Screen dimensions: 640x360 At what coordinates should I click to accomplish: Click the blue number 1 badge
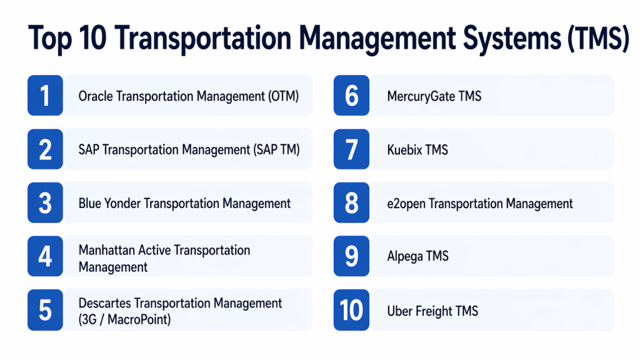pyautogui.click(x=45, y=96)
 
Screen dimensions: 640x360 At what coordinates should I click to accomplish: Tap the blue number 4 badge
pyautogui.click(x=45, y=256)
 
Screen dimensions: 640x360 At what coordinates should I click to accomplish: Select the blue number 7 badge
pyautogui.click(x=351, y=149)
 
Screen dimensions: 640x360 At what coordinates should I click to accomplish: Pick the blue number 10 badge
pyautogui.click(x=351, y=310)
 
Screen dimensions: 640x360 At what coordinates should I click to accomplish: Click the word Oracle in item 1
pyautogui.click(x=96, y=96)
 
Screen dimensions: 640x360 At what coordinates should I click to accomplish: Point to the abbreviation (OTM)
pyautogui.click(x=283, y=97)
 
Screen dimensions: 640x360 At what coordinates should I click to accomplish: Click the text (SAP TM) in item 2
pyautogui.click(x=276, y=150)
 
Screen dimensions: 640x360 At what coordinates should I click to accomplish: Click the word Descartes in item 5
pyautogui.click(x=104, y=303)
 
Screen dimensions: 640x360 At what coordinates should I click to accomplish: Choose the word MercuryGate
pyautogui.click(x=421, y=97)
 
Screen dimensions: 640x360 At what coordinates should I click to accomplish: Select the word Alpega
pyautogui.click(x=405, y=257)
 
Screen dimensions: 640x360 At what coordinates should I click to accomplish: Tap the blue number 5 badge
pyautogui.click(x=45, y=310)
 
